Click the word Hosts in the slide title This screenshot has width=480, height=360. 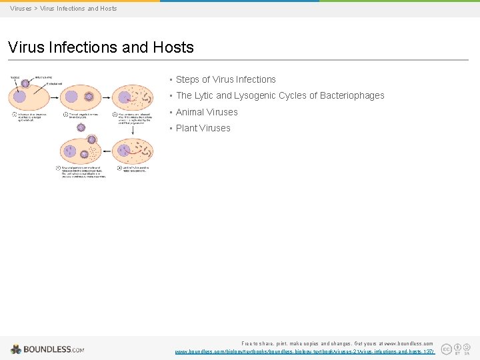click(173, 47)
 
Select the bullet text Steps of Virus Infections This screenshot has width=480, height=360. click(225, 79)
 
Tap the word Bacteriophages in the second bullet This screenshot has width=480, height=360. click(352, 95)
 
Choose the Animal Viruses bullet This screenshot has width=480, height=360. click(207, 112)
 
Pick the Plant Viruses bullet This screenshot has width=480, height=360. click(203, 128)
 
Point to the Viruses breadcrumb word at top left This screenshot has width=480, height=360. click(21, 9)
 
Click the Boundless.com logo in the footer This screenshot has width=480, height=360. click(47, 349)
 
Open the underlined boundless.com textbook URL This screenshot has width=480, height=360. click(304, 351)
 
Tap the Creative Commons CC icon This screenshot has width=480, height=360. click(446, 349)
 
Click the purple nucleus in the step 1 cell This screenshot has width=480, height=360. click(20, 97)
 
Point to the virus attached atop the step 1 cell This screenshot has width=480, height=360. click(25, 84)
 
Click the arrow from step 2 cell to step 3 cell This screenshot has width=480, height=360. click(107, 97)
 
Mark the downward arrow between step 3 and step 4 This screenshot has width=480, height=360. click(133, 129)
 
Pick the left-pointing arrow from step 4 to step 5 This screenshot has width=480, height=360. click(107, 150)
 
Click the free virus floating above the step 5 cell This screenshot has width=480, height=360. click(91, 139)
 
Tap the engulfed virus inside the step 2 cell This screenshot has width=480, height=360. click(89, 97)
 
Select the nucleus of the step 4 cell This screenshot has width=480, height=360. click(123, 151)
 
